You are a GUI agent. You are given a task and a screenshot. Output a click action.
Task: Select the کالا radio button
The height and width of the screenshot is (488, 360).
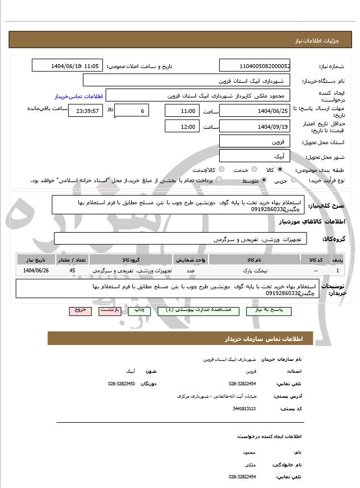[279, 169]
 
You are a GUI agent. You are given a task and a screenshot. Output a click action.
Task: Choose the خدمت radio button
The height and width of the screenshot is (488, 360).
[253, 169]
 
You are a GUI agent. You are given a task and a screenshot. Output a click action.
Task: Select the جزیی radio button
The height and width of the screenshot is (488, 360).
[294, 180]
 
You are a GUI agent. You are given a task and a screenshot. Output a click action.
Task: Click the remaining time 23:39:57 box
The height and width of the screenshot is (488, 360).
[86, 111]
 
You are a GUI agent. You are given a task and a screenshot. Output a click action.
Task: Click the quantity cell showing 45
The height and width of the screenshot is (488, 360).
[72, 271]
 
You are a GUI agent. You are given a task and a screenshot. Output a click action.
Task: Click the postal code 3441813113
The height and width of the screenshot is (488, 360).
[244, 408]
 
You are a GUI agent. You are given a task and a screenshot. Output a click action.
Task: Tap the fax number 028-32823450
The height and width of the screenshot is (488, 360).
[121, 384]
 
